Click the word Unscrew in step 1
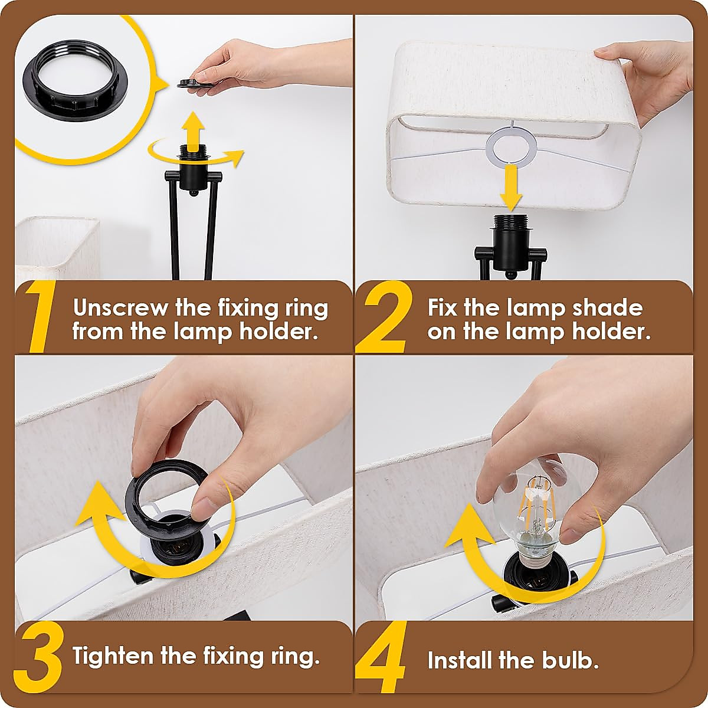[x=120, y=308]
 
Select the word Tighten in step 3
[x=113, y=656]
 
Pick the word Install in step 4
[x=460, y=660]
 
